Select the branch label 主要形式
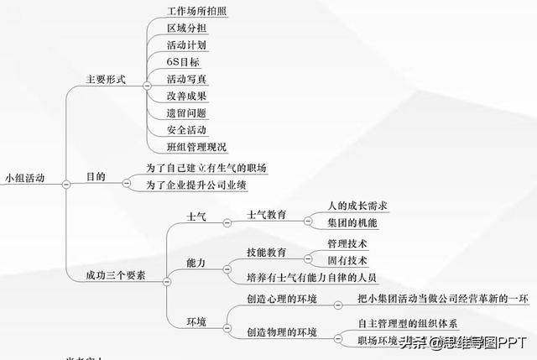(106, 80)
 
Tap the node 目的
(96, 177)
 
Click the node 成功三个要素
(109, 274)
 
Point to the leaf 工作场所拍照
(196, 10)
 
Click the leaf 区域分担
(186, 28)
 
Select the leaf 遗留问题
(186, 112)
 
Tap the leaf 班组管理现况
(196, 148)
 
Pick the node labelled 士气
(196, 217)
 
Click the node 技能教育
(267, 252)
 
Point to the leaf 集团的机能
(352, 222)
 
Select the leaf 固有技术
(347, 260)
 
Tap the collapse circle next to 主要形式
(148, 86)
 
